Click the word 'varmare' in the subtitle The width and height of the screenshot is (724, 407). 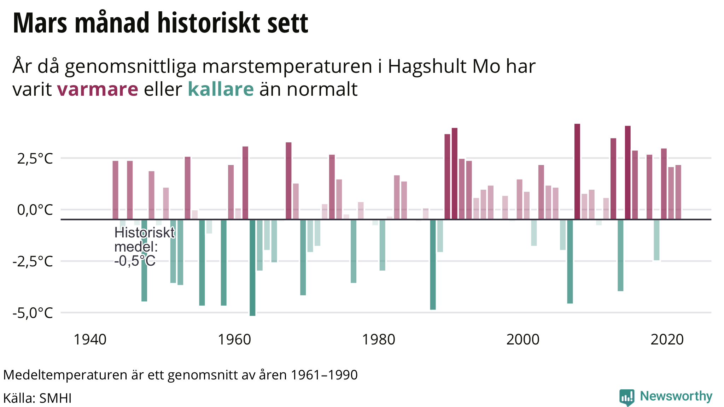(x=98, y=89)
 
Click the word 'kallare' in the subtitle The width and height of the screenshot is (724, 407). (x=221, y=89)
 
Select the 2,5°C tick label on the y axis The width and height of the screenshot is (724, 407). (x=35, y=159)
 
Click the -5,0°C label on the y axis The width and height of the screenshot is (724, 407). (x=33, y=313)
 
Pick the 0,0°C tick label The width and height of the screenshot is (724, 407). (x=35, y=210)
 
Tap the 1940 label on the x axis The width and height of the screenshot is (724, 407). (x=90, y=340)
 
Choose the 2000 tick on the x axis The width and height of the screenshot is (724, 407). (x=523, y=340)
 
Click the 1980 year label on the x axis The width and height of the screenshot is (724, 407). (x=379, y=340)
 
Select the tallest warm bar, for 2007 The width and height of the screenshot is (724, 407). (x=577, y=171)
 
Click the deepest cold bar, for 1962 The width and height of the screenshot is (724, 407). (x=252, y=267)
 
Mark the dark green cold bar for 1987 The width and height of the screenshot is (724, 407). (x=433, y=264)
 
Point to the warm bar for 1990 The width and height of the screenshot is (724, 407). (x=455, y=173)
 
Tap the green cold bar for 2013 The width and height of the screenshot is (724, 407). (x=620, y=255)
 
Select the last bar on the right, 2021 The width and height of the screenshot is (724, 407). (x=678, y=192)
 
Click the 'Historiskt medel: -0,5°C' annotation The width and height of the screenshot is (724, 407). (x=144, y=247)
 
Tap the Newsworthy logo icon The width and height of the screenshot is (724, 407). (x=627, y=397)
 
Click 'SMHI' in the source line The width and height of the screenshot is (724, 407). (x=56, y=398)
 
